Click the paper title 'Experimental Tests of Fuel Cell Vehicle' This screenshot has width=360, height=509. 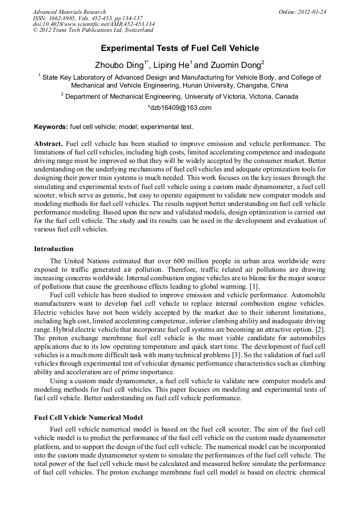tap(179, 48)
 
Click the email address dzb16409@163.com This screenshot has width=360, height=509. tap(179, 107)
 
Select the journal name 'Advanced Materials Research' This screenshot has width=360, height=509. tap(70, 12)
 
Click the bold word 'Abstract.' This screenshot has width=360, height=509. tap(49, 144)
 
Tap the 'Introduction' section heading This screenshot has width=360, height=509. tap(54, 248)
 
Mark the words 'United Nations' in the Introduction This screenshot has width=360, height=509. tap(84, 261)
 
